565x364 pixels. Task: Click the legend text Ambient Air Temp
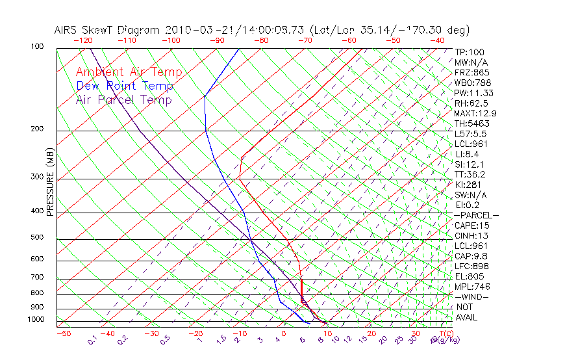coord(129,73)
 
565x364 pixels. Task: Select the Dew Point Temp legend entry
coord(125,86)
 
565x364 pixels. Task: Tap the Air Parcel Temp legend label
coord(123,100)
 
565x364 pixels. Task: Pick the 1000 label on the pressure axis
coord(36,320)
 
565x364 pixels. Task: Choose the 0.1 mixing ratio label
coord(93,339)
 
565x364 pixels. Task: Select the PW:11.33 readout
coord(473,93)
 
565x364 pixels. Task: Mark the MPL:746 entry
coord(471,287)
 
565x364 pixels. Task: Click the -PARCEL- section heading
coord(476,215)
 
